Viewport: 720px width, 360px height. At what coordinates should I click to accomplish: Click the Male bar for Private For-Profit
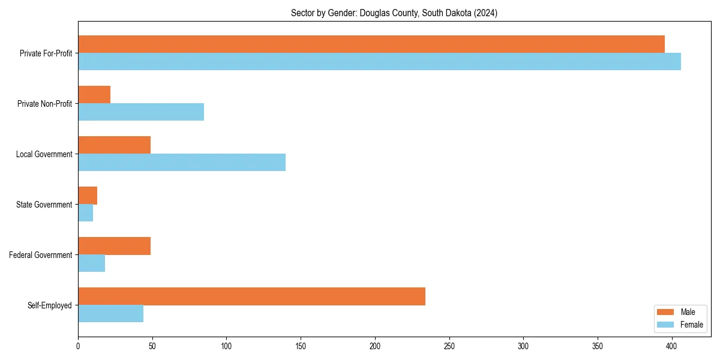coord(371,44)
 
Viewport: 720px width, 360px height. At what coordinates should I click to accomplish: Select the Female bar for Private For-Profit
coord(379,62)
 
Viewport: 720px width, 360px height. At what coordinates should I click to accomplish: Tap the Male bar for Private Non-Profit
coord(94,95)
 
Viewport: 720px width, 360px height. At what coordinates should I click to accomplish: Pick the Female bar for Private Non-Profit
coord(141,112)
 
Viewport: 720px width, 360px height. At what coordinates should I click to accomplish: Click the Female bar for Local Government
coord(182,163)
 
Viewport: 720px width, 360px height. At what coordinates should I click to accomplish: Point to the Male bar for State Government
coord(88,196)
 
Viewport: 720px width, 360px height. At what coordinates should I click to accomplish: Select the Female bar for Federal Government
coord(91,263)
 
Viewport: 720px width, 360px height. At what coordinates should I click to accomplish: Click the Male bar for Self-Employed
coord(251,296)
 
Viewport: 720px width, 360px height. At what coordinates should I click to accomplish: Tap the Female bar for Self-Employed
coord(110,314)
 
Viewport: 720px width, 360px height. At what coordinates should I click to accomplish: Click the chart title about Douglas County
coord(394,13)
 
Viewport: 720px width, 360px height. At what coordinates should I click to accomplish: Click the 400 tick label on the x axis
coord(672,346)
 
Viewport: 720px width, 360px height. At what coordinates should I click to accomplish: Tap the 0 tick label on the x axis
coord(78,346)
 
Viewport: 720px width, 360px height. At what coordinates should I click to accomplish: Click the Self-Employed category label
coord(50,305)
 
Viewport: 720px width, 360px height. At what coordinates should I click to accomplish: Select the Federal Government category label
coord(41,255)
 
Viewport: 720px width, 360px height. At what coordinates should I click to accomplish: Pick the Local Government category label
coord(44,154)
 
